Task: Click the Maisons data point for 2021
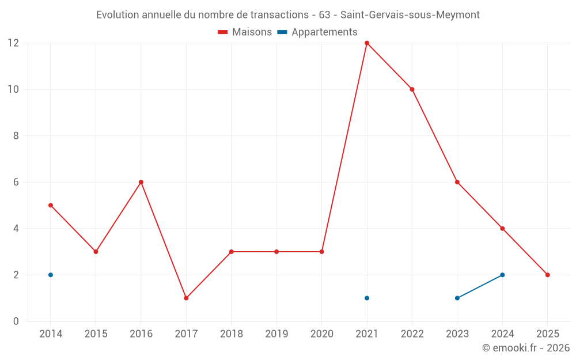(367, 43)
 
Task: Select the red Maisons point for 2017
(186, 298)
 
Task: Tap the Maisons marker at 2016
(141, 182)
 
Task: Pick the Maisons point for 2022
(412, 89)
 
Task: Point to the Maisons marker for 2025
(548, 275)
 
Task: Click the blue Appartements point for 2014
(51, 275)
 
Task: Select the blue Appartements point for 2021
(367, 298)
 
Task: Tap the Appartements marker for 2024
(502, 275)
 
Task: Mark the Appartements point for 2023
(457, 298)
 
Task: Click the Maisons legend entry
(245, 32)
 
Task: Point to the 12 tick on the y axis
(13, 43)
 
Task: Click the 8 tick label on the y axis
(16, 136)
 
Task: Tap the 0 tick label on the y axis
(16, 321)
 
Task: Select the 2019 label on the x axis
(276, 334)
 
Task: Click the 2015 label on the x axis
(96, 334)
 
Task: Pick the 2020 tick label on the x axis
(321, 334)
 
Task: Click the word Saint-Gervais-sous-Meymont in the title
(410, 15)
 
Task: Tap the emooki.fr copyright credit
(525, 348)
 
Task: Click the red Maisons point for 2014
(51, 205)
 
